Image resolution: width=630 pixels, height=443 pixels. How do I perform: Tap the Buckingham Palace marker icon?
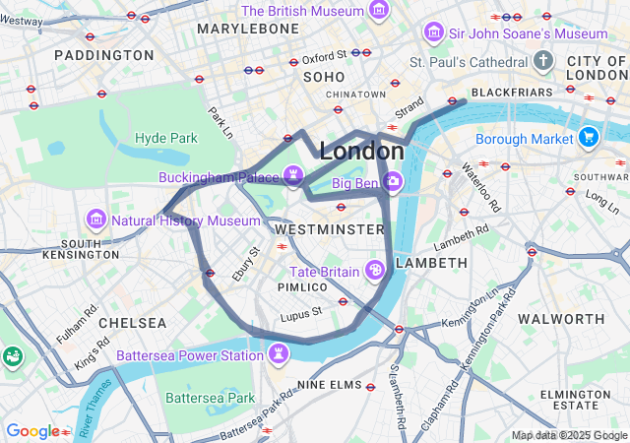coord(292,175)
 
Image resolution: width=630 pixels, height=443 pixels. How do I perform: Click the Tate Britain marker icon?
coord(375,270)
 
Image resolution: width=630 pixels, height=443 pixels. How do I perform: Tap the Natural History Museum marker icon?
coord(96,219)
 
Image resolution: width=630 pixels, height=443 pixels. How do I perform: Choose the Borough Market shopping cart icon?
coord(589,137)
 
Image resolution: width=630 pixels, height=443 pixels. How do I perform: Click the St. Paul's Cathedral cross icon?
coord(542,62)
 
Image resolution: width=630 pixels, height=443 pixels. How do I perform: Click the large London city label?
coord(361,152)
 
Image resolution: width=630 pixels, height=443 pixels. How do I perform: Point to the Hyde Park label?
coord(166,138)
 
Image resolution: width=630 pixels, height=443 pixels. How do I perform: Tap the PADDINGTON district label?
coord(104,55)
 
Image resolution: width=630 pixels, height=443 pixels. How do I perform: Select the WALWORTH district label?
coord(561,319)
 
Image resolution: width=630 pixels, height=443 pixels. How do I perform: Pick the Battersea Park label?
coord(210,398)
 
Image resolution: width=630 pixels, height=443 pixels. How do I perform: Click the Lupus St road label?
coord(300,315)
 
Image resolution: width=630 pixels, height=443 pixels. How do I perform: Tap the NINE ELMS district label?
coord(331,385)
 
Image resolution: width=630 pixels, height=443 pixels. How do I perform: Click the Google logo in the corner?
coord(32,431)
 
